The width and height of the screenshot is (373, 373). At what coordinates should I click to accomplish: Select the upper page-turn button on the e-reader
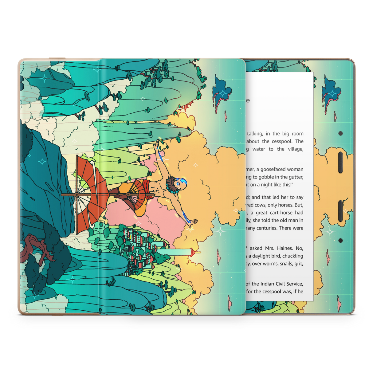[340, 162]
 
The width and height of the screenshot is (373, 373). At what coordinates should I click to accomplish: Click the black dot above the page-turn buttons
[340, 133]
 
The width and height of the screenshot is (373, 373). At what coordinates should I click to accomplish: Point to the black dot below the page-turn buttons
[340, 240]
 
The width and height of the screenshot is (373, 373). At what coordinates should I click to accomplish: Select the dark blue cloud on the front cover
[222, 89]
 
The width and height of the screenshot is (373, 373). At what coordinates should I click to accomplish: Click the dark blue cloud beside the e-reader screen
[332, 89]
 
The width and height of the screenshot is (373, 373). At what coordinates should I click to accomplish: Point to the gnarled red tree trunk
[37, 246]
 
